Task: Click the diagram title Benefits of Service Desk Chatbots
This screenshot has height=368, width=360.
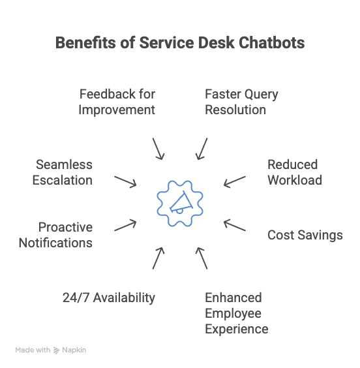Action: [179, 43]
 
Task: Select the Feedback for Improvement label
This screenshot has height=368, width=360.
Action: [117, 102]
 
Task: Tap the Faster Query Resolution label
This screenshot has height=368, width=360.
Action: [241, 102]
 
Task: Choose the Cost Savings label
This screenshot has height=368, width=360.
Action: [305, 235]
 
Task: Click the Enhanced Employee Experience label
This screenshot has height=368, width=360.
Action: [236, 313]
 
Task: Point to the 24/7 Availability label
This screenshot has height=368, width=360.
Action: [109, 298]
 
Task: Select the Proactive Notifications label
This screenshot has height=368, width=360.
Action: [55, 235]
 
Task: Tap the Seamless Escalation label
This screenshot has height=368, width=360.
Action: [63, 172]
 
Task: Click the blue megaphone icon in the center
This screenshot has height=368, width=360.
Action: [179, 203]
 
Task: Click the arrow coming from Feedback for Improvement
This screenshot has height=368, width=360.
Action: [158, 148]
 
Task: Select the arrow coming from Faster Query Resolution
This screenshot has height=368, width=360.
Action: [202, 148]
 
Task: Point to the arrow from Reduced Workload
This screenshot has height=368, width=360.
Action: [235, 181]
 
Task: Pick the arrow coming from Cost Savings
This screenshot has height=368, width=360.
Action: [235, 225]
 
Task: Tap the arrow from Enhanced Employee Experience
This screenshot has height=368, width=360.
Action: [202, 258]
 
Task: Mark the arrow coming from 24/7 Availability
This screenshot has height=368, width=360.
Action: [158, 258]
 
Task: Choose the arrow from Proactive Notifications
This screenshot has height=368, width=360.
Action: [125, 225]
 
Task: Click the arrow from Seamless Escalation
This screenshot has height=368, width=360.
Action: [125, 181]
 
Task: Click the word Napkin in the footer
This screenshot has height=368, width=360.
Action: [74, 350]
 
